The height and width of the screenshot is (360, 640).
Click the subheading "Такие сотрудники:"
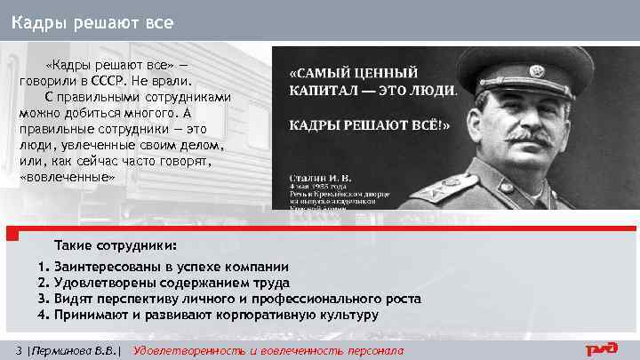click(x=115, y=244)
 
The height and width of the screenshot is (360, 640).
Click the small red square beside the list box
click(x=12, y=236)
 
